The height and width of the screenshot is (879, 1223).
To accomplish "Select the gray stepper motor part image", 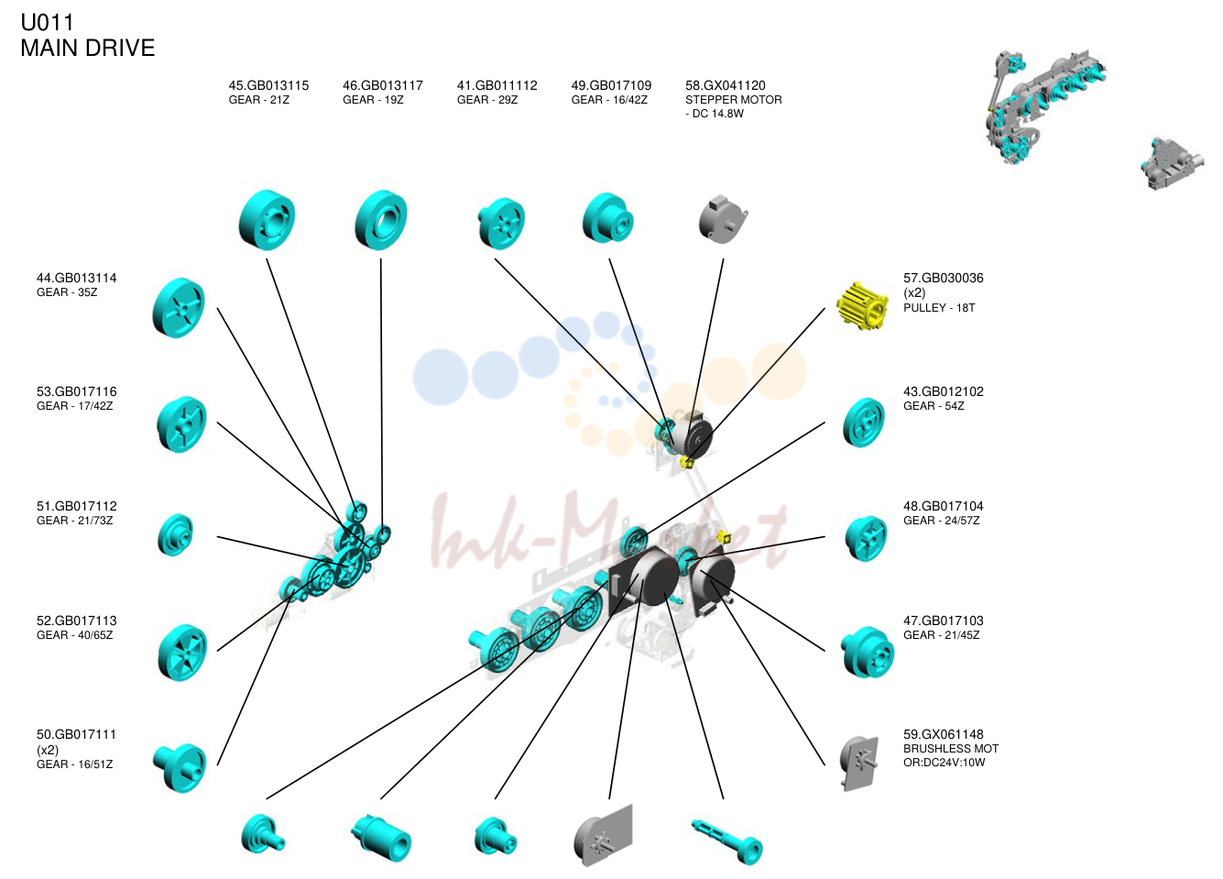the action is coord(723,220).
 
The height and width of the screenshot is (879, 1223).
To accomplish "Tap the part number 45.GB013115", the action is coord(268,85).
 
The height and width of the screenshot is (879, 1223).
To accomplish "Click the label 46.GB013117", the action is coord(383,85).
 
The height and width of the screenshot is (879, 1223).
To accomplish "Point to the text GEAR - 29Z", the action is coord(487,100).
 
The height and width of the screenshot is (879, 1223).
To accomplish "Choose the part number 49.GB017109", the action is coord(612,85).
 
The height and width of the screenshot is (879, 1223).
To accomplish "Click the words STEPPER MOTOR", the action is coord(733,100).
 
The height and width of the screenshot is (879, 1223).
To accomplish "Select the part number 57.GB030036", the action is coord(944,278).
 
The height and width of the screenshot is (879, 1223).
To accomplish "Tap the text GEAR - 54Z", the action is coord(934,406).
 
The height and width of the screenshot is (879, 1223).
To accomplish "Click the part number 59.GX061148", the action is coord(944,734).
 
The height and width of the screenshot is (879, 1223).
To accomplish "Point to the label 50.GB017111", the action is coord(76,734).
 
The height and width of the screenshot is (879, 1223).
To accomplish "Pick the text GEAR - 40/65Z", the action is coord(75,635).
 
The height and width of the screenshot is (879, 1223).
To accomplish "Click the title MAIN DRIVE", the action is coord(88,48).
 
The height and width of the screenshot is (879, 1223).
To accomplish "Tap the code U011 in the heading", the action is coord(47,22).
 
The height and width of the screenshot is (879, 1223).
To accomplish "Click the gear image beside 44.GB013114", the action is coord(179,308).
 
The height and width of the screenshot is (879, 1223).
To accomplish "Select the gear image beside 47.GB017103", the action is coord(867,652).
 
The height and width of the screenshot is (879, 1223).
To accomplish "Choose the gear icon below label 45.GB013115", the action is coord(267,220).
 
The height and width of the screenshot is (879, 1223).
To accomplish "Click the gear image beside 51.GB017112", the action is coord(175,534).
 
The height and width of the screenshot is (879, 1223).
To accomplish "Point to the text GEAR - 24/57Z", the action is coord(941,521).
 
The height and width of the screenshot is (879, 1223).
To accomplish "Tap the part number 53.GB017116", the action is coord(76,391).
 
